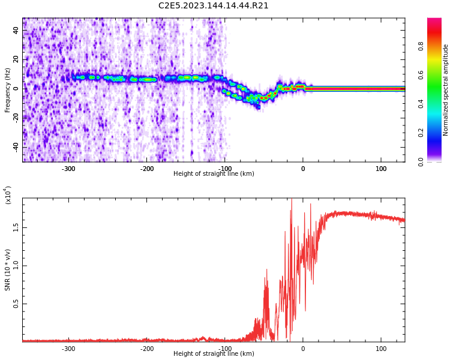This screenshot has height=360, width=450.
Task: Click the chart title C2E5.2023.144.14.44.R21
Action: (214, 6)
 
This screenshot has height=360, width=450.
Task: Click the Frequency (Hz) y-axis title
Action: (8, 90)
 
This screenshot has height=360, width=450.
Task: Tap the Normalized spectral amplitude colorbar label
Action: (446, 90)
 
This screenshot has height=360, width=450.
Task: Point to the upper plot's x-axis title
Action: (214, 173)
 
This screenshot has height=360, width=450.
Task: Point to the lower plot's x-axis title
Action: (214, 353)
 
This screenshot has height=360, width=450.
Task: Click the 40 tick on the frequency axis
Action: (16, 31)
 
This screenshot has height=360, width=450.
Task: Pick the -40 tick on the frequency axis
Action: (14, 146)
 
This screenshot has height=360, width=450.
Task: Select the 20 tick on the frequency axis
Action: (16, 59)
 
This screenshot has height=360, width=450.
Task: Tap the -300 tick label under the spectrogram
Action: (68, 169)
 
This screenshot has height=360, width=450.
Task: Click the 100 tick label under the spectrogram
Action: (381, 169)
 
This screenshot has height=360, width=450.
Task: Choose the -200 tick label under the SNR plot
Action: (146, 349)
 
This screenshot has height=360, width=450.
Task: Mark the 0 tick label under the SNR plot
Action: (303, 349)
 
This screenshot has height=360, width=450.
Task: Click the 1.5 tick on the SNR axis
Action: (16, 227)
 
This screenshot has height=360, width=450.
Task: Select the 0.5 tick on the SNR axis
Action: (16, 304)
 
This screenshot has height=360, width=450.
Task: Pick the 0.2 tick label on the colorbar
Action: (421, 133)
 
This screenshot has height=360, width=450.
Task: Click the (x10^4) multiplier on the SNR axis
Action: (8, 195)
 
